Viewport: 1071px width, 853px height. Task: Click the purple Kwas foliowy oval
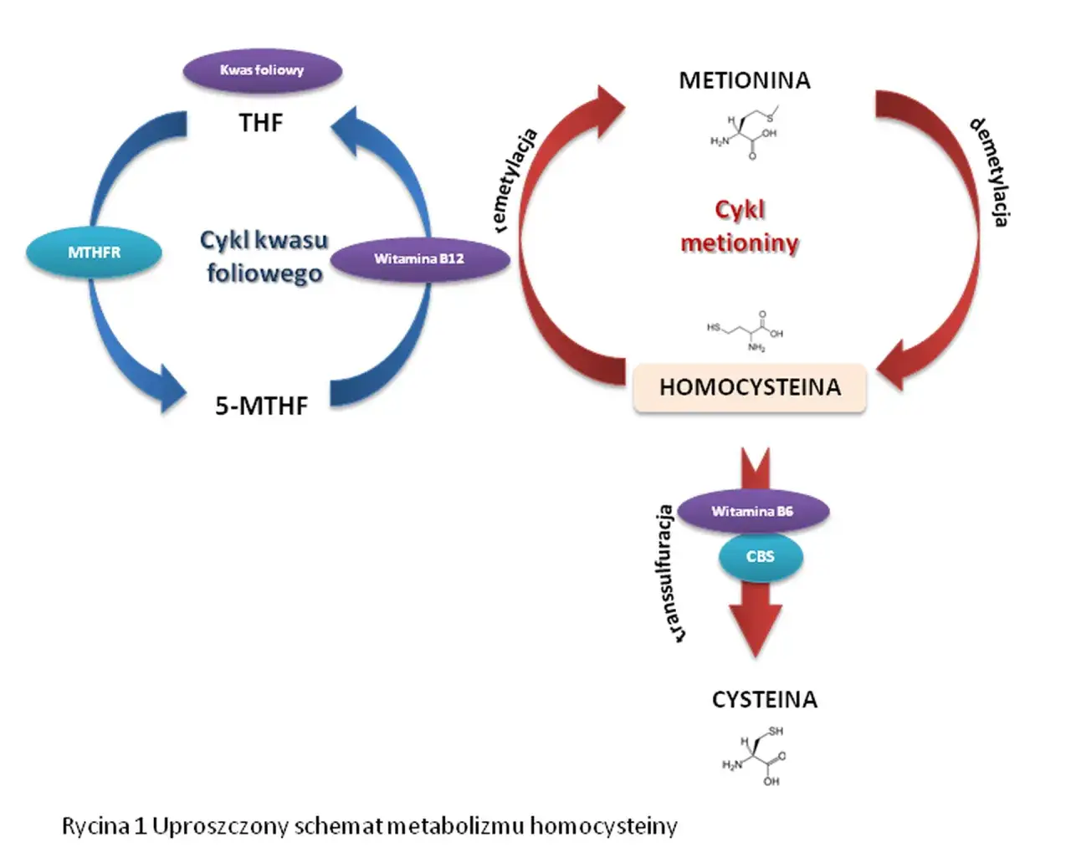tap(262, 70)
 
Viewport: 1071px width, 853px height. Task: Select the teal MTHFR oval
tap(94, 252)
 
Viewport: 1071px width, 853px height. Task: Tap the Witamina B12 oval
tap(419, 258)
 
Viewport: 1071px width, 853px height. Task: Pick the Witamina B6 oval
tap(752, 511)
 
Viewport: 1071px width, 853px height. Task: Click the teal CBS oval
tap(760, 556)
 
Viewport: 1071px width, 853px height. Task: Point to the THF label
tap(261, 123)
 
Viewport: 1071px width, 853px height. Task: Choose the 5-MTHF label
tap(262, 406)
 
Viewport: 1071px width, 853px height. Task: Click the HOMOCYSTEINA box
tap(750, 387)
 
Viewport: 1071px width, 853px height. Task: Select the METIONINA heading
tap(745, 80)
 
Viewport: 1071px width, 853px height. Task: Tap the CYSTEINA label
tap(764, 699)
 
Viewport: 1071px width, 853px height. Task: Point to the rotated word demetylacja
tap(990, 171)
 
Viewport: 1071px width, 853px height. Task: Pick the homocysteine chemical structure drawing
tap(746, 330)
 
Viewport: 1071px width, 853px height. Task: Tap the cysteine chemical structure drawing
tap(756, 756)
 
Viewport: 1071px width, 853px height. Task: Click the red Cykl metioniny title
tap(740, 226)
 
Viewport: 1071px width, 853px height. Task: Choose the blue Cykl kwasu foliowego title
tap(264, 256)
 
